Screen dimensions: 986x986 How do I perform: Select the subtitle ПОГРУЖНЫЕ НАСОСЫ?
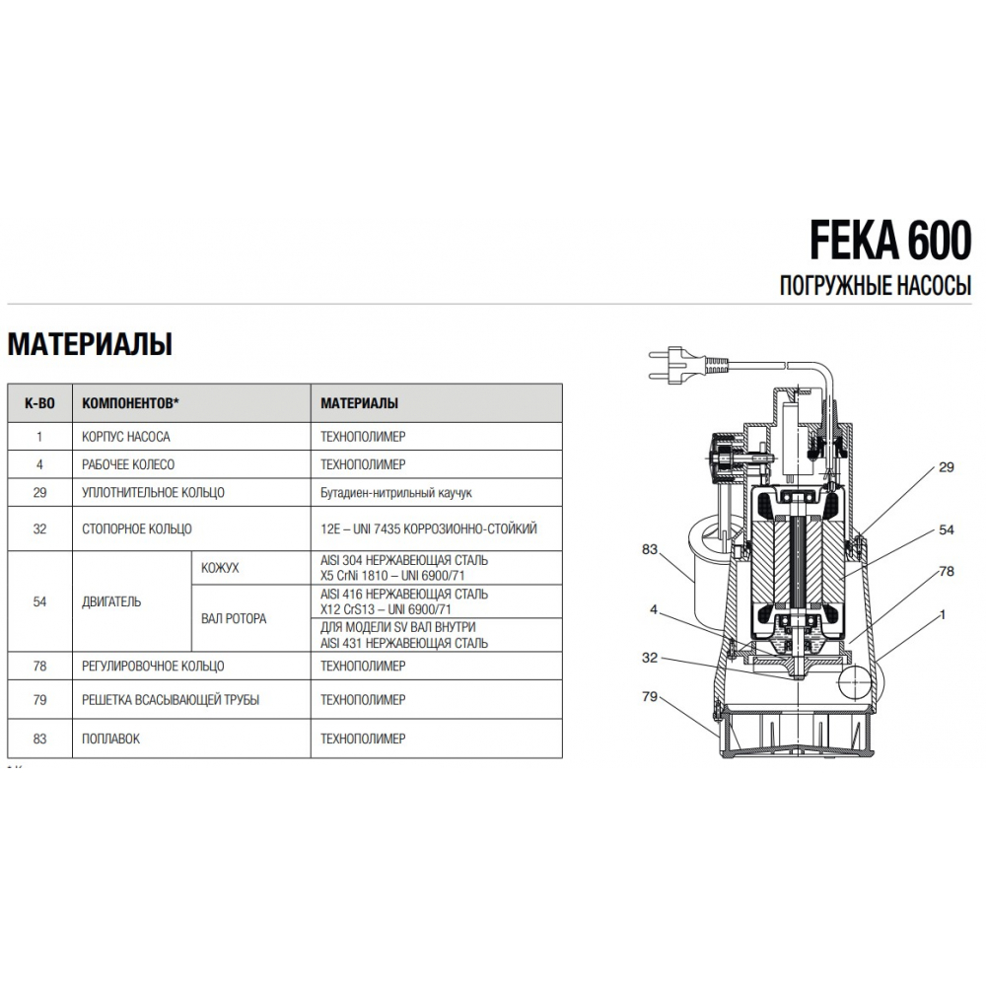877,287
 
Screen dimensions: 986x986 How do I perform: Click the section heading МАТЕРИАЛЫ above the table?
90,344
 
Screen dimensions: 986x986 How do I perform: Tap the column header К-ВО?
38,404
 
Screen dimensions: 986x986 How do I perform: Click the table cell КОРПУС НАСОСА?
128,435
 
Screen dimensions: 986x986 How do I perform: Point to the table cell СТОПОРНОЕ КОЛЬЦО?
137,528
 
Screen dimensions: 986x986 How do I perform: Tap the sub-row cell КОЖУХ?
220,569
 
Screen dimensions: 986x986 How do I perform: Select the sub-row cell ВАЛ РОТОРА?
233,618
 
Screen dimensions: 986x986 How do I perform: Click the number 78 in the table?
39,667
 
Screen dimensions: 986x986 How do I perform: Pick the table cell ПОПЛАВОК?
111,739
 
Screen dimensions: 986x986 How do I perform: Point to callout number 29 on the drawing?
946,467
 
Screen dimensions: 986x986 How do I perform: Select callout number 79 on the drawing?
648,696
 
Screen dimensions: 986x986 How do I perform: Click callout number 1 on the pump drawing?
944,613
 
